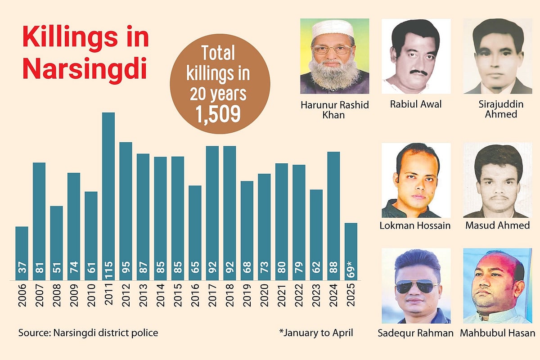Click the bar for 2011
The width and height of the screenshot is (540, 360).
coord(108,193)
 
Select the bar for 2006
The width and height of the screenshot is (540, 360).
coord(22,252)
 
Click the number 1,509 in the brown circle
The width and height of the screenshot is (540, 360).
coord(218,114)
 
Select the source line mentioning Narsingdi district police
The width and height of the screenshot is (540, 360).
coord(88,333)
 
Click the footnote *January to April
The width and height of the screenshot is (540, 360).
coord(316,333)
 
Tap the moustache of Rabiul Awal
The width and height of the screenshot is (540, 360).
coord(416,72)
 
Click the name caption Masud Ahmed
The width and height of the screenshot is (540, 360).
coord(497,225)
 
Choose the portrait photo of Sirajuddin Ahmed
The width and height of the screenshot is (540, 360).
coord(497,56)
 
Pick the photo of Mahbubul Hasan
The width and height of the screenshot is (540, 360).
coord(497,285)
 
